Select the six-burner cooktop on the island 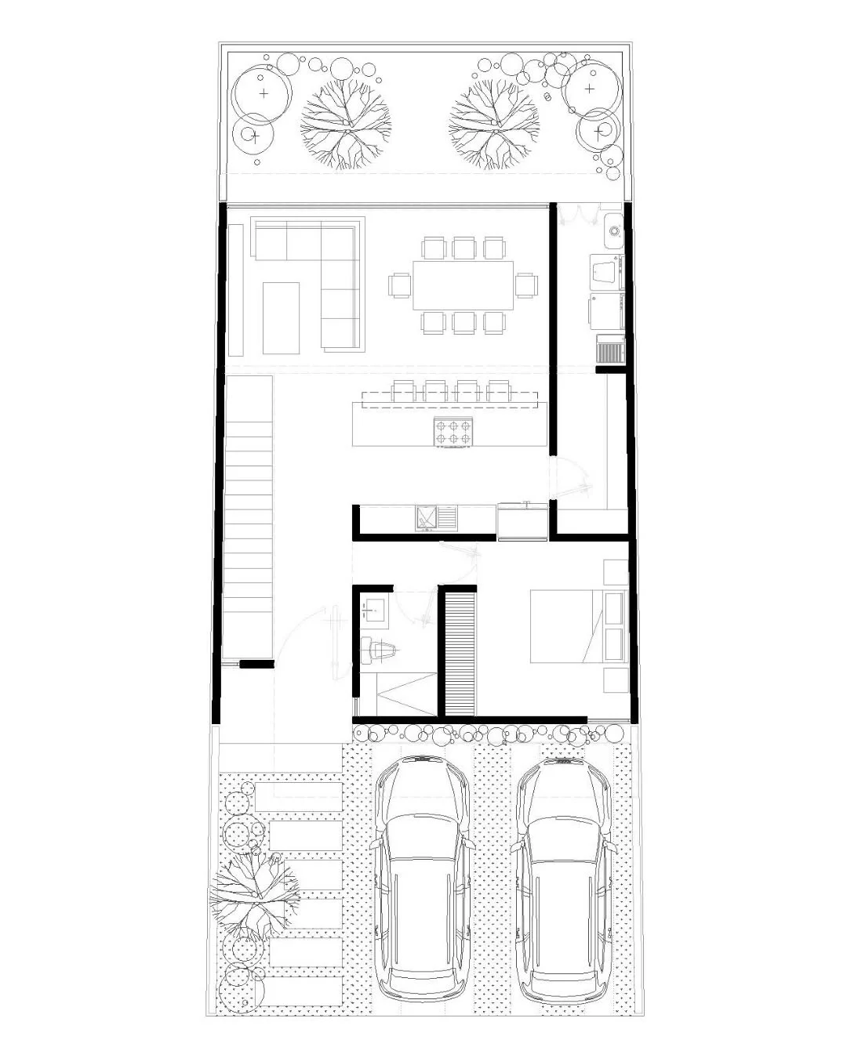coord(455,430)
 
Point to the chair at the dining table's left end coord(399,285)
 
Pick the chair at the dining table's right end coord(526,285)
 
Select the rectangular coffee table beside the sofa coord(281,317)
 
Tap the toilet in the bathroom coord(380,650)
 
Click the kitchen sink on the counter coord(428,517)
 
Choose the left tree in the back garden coord(345,124)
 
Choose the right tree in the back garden coord(494,124)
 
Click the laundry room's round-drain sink coord(614,232)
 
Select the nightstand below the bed coord(614,680)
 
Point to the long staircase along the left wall coord(247,517)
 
